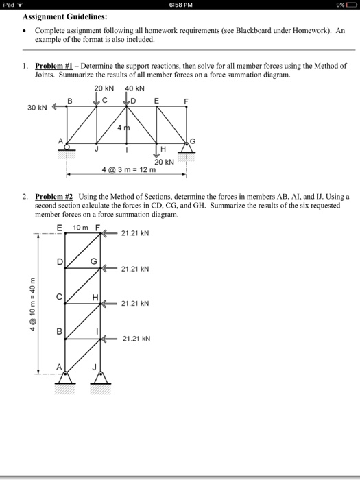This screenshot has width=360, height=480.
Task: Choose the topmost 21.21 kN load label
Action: pos(134,233)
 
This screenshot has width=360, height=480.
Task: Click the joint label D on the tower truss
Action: pos(59,262)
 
